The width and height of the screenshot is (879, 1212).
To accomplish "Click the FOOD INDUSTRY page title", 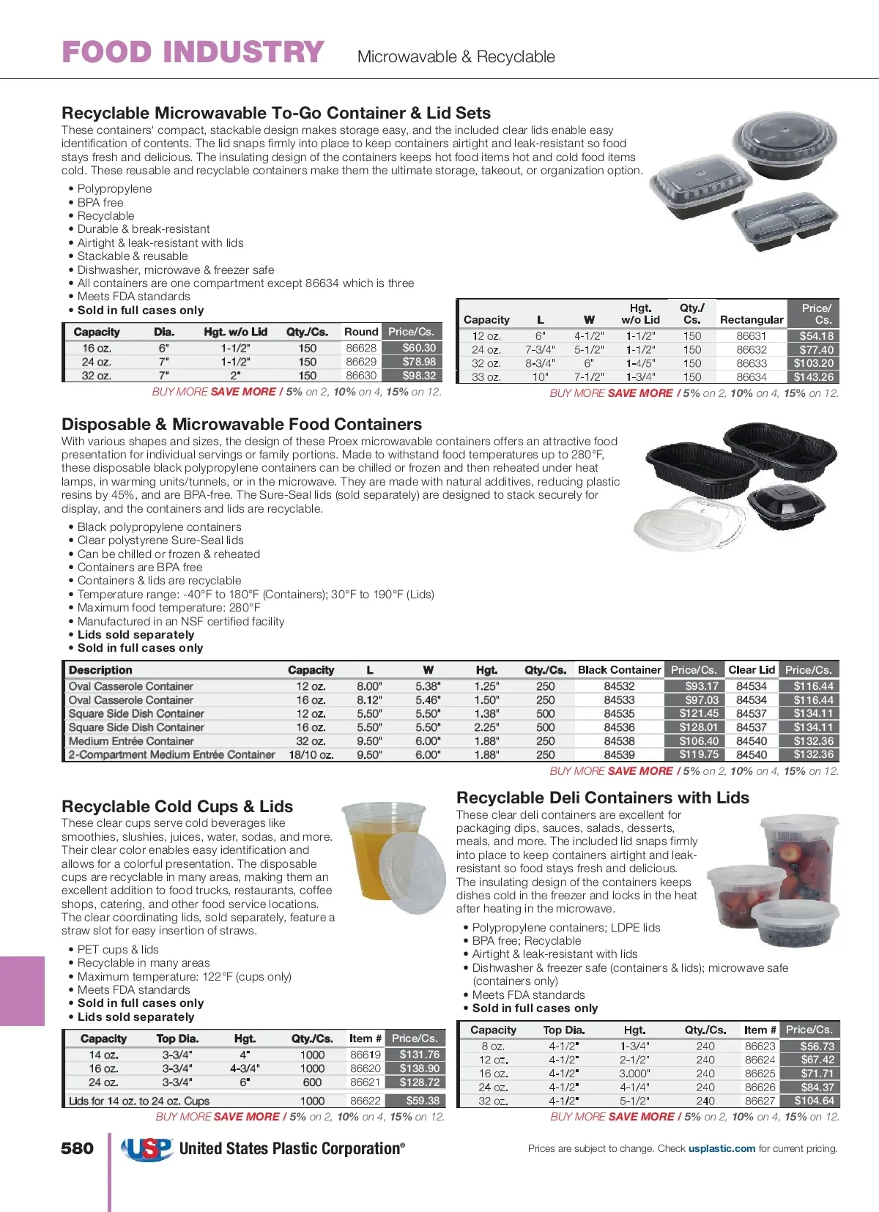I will (x=193, y=53).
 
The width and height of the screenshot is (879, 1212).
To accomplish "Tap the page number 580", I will (x=77, y=1148).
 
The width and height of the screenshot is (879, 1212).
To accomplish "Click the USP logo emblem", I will (x=146, y=1149).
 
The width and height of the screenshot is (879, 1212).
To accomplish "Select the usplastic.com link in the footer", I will (x=722, y=1148).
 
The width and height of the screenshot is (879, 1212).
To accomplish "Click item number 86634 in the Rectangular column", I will (x=752, y=377).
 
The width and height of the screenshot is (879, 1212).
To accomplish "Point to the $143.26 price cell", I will (x=813, y=377).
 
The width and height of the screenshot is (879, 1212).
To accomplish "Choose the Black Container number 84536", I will (x=619, y=727).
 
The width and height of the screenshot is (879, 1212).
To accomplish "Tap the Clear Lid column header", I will (x=752, y=669).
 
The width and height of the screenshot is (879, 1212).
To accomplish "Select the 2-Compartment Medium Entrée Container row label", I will (x=171, y=754).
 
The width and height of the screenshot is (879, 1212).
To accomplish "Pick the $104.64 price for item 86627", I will (x=814, y=1101).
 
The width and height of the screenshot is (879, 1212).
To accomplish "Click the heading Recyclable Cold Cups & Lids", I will (x=177, y=806).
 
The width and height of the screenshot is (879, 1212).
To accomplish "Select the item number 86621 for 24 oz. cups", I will (x=365, y=1082).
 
